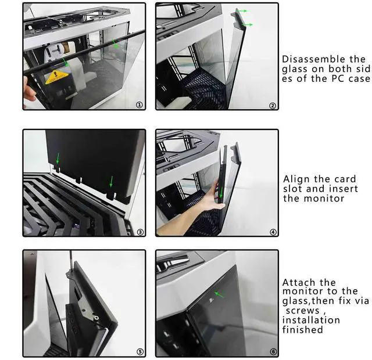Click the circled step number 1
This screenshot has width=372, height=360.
[x=138, y=105]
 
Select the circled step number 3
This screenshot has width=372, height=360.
[x=139, y=232]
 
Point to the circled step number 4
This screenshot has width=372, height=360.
[x=273, y=232]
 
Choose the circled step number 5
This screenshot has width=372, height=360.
[x=139, y=352]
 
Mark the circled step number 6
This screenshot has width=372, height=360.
[x=273, y=352]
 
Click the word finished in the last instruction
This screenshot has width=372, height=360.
[x=302, y=330]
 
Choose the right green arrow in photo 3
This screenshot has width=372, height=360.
[x=110, y=182]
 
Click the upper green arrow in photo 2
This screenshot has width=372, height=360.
[x=241, y=11]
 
